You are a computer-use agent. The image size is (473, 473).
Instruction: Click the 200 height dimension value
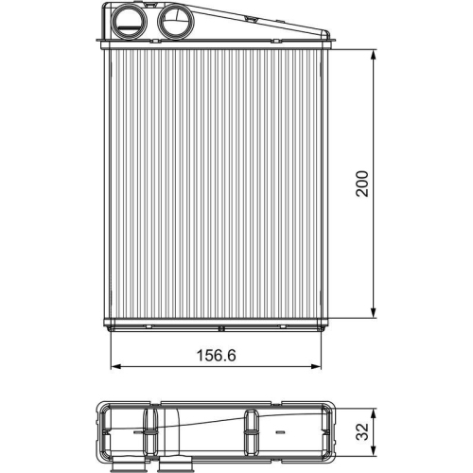pyautogui.click(x=361, y=182)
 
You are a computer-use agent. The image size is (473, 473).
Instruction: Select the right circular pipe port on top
pyautogui.click(x=173, y=20)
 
